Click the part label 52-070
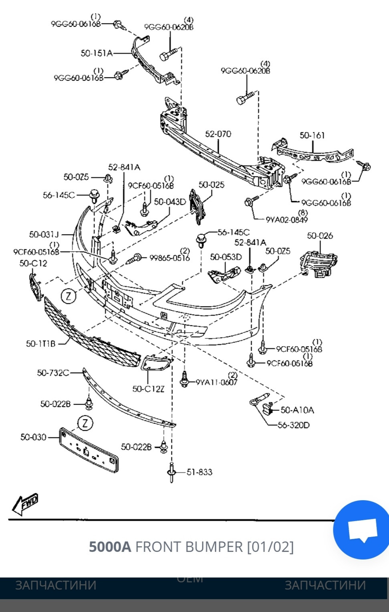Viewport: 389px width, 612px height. [x=218, y=134]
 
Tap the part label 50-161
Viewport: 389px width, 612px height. [x=312, y=135]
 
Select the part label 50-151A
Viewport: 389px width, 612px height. [x=97, y=53]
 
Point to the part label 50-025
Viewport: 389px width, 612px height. [x=212, y=185]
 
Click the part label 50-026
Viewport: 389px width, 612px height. [x=320, y=236]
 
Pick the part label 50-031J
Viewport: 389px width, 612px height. [x=44, y=234]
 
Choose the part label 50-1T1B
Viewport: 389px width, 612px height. [x=41, y=343]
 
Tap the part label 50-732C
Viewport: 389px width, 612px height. [x=53, y=373]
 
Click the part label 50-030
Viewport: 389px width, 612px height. [x=33, y=437]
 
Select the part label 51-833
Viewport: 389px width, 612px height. [x=199, y=472]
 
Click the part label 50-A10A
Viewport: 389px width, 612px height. [x=297, y=410]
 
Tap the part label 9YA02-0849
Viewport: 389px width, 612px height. [x=286, y=219]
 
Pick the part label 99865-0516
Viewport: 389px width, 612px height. [x=169, y=258]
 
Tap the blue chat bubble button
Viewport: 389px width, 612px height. [x=362, y=529]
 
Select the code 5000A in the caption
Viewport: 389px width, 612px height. [x=110, y=546]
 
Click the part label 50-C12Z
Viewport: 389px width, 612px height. [x=148, y=389]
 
